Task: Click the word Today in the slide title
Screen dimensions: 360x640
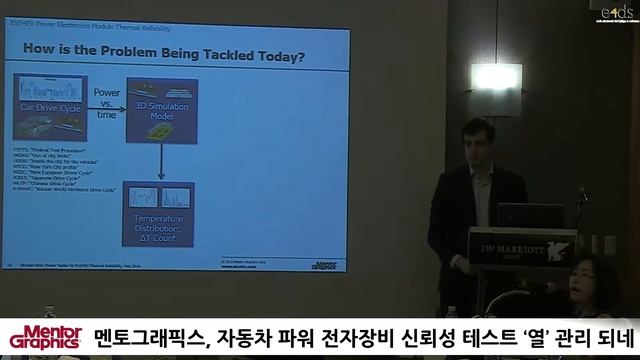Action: coord(277,54)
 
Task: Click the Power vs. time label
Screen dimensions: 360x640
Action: coord(106,103)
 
